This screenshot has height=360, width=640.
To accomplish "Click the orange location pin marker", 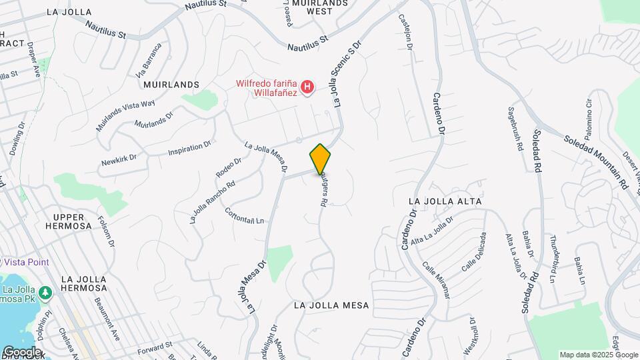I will pyautogui.click(x=320, y=159).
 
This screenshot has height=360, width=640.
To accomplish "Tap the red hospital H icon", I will pyautogui.click(x=307, y=87).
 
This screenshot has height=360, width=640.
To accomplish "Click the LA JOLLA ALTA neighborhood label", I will pyautogui.click(x=444, y=200).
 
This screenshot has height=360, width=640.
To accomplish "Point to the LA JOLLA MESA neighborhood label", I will pyautogui.click(x=331, y=305).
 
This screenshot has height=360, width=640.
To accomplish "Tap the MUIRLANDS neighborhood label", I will pyautogui.click(x=171, y=85).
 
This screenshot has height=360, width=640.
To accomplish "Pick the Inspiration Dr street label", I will pyautogui.click(x=189, y=147).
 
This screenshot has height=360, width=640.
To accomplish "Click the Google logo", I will pyautogui.click(x=21, y=351).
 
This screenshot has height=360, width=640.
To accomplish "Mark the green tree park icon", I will pyautogui.click(x=45, y=293).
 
